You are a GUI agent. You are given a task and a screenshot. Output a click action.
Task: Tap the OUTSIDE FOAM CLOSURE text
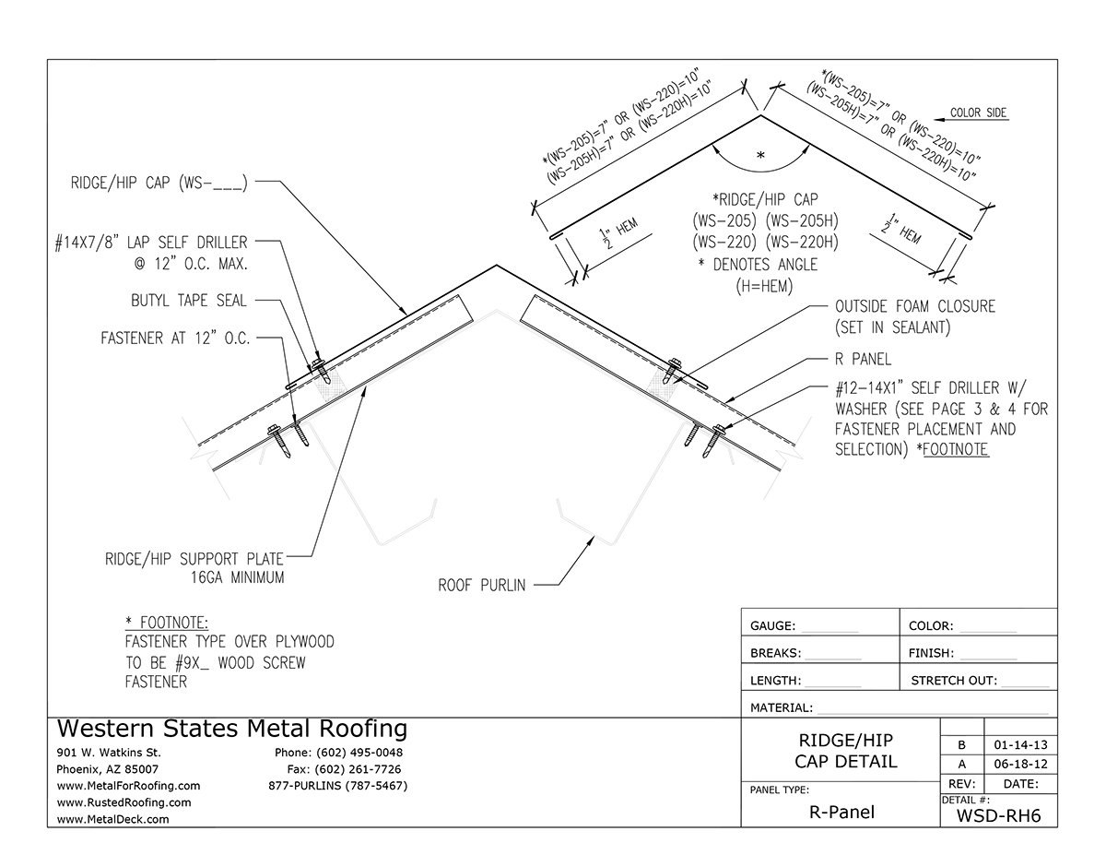[914, 306]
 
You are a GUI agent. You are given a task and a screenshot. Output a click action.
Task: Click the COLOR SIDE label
[978, 113]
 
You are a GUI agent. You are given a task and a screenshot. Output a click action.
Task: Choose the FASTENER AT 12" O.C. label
[175, 338]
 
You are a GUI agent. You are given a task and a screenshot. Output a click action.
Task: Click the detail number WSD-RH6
[998, 814]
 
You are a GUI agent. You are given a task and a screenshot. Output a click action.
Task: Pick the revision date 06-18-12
[1020, 765]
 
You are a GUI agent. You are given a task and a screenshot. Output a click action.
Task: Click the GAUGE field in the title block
[772, 626]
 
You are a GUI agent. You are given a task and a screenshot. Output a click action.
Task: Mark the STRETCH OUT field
[953, 682]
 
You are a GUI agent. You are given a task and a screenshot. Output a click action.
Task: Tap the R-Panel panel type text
[840, 813]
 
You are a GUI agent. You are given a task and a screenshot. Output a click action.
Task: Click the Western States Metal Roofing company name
[231, 729]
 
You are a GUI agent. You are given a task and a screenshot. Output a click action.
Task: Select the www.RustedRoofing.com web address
[124, 802]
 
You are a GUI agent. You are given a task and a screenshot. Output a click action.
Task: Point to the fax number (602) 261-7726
[344, 769]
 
